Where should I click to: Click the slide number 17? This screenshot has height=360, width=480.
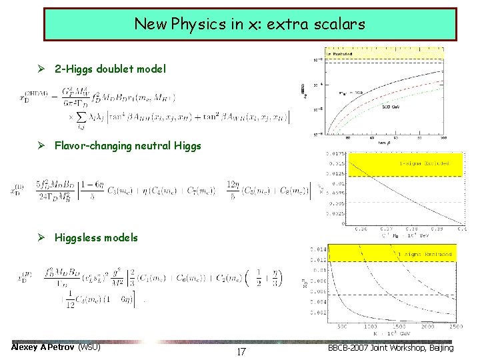[241, 351]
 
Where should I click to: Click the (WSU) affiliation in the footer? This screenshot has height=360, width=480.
[89, 347]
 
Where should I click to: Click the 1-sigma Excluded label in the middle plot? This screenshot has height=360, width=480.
[424, 163]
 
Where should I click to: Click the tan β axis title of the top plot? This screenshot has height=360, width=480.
[383, 142]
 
